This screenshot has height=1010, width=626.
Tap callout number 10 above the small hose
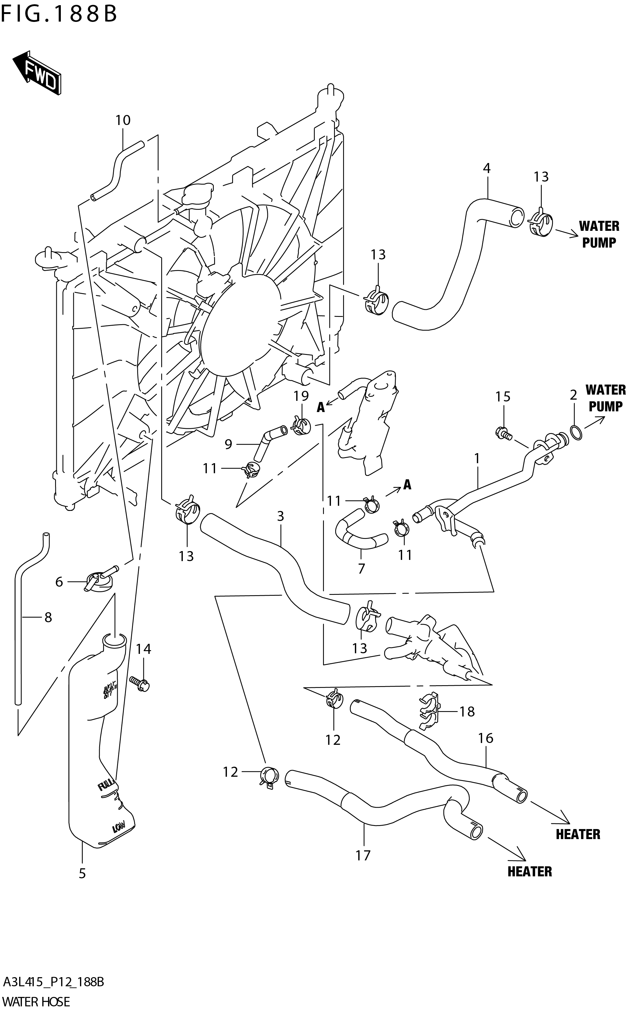pos(123,120)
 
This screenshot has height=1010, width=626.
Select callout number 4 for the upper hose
pos(486,168)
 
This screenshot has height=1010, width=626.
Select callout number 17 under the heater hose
pos(363,855)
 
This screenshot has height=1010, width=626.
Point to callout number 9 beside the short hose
pos(228,444)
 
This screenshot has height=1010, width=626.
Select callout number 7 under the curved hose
pos(361,569)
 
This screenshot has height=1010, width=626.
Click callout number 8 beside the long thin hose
pos(48,618)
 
